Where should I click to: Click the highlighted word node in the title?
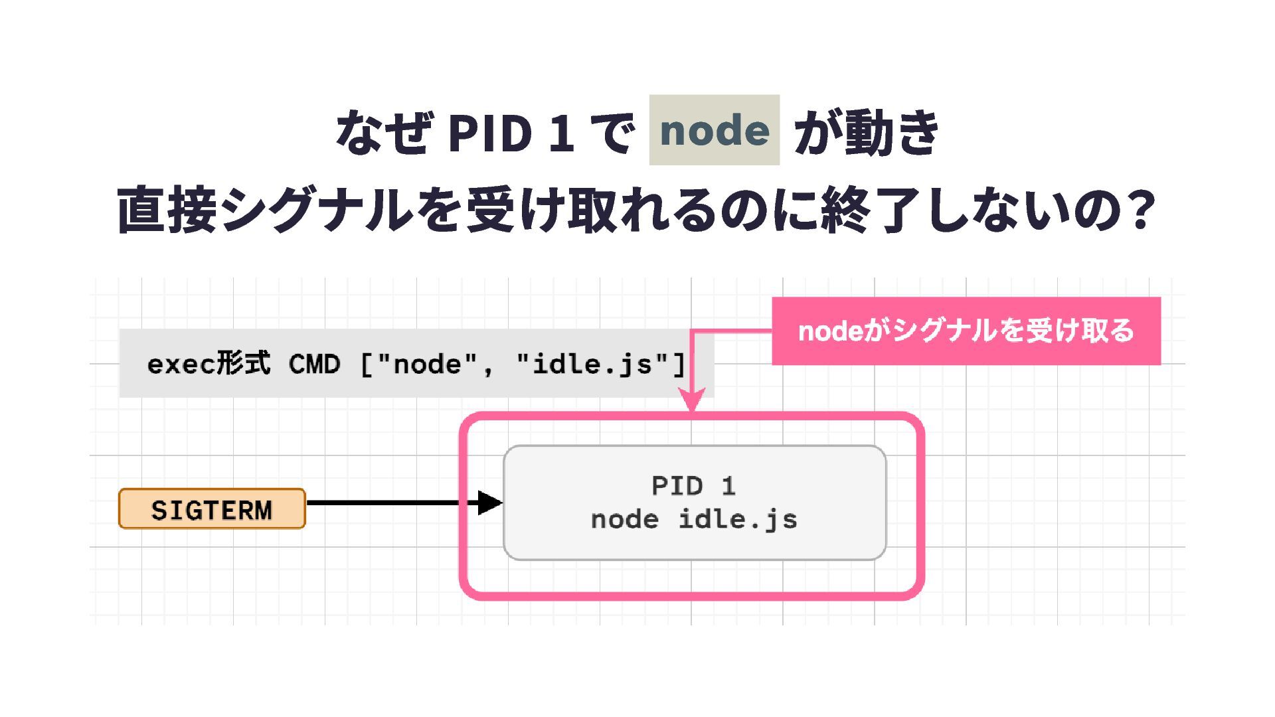click(x=714, y=130)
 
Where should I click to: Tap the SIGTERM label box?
click(x=212, y=509)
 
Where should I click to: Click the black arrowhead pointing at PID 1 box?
click(x=490, y=503)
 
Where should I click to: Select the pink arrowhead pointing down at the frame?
click(x=692, y=400)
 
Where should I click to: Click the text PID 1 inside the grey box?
click(x=693, y=486)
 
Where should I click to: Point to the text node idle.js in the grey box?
click(x=694, y=519)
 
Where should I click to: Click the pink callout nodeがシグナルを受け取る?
click(x=966, y=331)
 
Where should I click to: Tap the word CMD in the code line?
click(x=314, y=364)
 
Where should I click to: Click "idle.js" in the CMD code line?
click(x=592, y=364)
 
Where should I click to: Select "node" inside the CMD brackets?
click(x=427, y=364)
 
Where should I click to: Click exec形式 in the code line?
click(x=209, y=364)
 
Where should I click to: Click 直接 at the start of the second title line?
click(x=167, y=210)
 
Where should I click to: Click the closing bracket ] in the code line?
click(x=679, y=364)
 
